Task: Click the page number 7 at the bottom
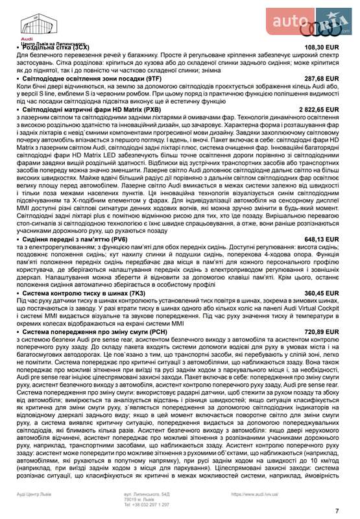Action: [x=337, y=511]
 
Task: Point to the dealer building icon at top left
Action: [x=31, y=24]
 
